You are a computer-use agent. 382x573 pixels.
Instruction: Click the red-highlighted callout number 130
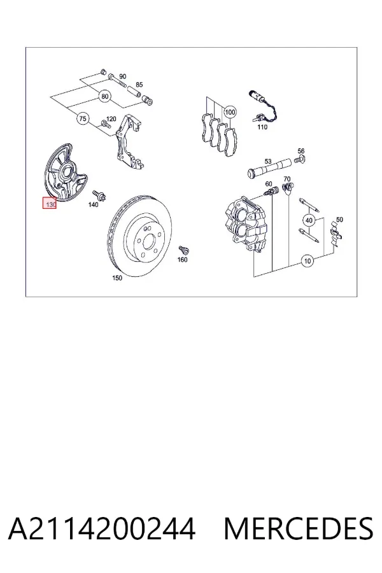tap(50, 204)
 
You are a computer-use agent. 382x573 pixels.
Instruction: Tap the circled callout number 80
tap(105, 97)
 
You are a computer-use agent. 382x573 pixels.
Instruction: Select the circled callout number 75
tap(83, 118)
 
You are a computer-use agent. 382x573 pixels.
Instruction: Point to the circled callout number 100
tap(230, 112)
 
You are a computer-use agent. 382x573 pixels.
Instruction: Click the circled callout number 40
tap(309, 220)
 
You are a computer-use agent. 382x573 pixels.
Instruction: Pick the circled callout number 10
tap(308, 261)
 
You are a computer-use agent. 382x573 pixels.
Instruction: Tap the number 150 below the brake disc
tap(117, 278)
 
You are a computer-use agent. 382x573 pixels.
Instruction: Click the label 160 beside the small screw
tap(182, 260)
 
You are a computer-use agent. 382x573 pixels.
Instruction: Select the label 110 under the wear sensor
tap(262, 127)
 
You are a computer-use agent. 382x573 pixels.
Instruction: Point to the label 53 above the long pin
tap(268, 161)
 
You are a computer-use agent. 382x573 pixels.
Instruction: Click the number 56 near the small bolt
tap(301, 151)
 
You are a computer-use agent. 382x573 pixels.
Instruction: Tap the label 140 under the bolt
tap(93, 204)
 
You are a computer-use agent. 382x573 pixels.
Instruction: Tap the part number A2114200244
tap(102, 528)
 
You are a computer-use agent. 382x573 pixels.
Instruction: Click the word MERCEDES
tap(299, 528)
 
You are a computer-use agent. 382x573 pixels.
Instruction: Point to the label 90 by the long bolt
tap(122, 76)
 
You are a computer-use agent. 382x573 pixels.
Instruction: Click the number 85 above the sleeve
tap(139, 85)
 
